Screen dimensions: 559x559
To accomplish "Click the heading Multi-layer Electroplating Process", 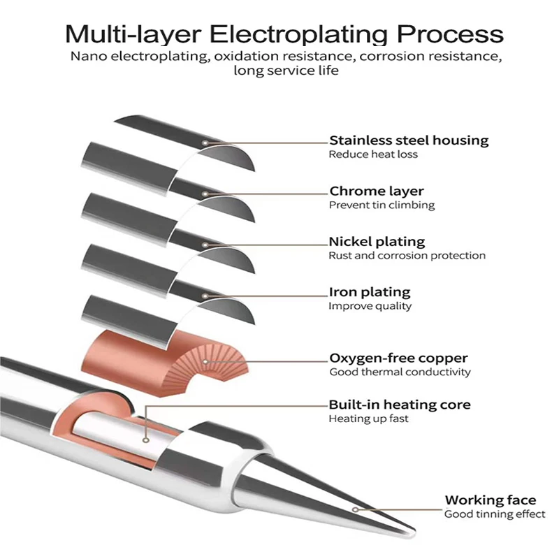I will coord(284,34).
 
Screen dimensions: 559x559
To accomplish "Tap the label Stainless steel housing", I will coord(409,140).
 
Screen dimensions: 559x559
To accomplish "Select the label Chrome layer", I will coord(376,191).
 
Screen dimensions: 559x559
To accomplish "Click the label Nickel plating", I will coord(377,242).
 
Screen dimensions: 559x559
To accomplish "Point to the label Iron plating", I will coord(370,292).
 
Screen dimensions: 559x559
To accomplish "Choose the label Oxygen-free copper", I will coord(398,358).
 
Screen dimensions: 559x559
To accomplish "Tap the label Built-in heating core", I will coord(400,405).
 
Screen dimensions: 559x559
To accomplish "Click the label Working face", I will coord(491,500).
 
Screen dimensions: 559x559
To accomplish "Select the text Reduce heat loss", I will coord(373,154).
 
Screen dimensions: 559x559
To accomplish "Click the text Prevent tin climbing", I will coord(382,205).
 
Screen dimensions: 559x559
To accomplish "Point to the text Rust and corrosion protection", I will coord(407,256).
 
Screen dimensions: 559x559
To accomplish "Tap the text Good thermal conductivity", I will coord(400,372).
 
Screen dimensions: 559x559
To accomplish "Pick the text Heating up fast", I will coord(368,419).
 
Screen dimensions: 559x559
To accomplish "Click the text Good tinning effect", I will coord(495,514).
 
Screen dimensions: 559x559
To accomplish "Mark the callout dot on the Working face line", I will coord(355,509).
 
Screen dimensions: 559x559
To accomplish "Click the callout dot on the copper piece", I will coord(205,362).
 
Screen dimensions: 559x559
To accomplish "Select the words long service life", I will coord(286,71).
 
